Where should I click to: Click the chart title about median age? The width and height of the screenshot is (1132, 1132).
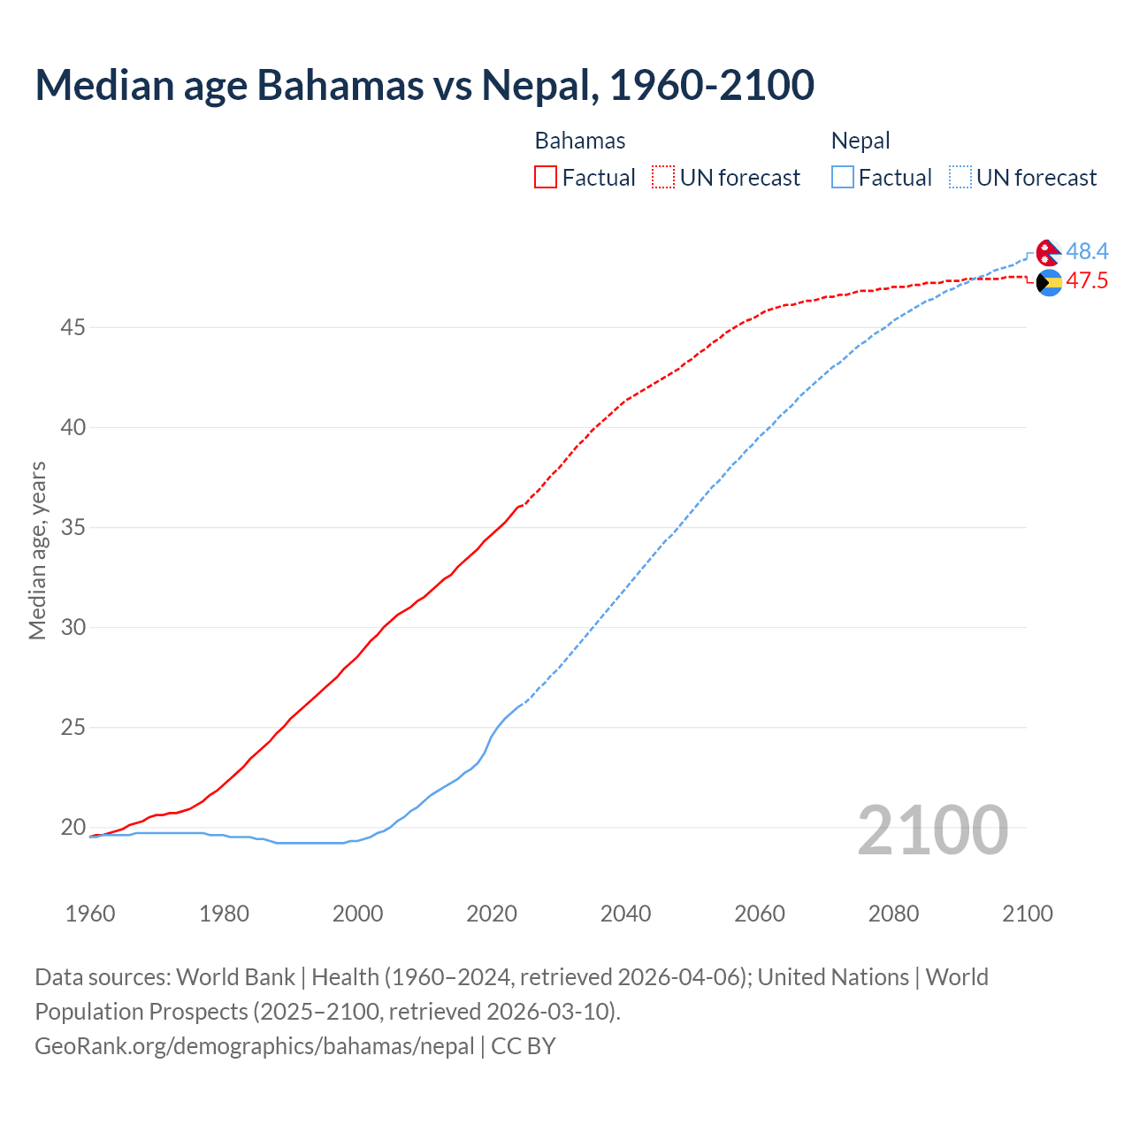click(x=424, y=85)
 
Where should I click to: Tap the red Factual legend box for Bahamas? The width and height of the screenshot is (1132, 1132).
click(x=546, y=178)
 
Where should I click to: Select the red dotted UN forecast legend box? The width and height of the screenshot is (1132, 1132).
click(x=663, y=178)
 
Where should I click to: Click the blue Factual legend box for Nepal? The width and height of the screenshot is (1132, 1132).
click(x=843, y=178)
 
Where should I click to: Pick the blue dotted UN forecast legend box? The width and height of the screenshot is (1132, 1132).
click(x=960, y=178)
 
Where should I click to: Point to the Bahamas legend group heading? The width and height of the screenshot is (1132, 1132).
click(x=580, y=141)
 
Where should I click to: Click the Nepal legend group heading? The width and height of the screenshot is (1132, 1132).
click(x=860, y=141)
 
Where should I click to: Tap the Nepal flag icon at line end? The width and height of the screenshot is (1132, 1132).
click(x=1049, y=253)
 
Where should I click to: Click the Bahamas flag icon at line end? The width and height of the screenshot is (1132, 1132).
click(x=1049, y=283)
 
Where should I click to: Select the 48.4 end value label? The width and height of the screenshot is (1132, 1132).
click(x=1087, y=252)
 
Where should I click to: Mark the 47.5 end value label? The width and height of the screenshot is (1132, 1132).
click(x=1087, y=281)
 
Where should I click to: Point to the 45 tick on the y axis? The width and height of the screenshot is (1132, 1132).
click(x=73, y=328)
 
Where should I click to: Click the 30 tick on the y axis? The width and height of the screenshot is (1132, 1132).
click(x=73, y=628)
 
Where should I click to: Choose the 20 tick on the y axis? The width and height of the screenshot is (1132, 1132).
click(x=73, y=828)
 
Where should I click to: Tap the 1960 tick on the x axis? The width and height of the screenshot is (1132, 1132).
click(x=90, y=914)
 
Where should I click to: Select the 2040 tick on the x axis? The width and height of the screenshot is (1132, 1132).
click(x=625, y=914)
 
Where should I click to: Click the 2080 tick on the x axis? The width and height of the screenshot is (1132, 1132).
click(x=893, y=914)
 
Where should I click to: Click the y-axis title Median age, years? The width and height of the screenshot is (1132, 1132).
click(x=37, y=550)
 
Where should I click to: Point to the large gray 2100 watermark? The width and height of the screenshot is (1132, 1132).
click(x=932, y=830)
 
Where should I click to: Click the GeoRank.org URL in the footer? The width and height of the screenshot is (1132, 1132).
click(x=255, y=1046)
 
